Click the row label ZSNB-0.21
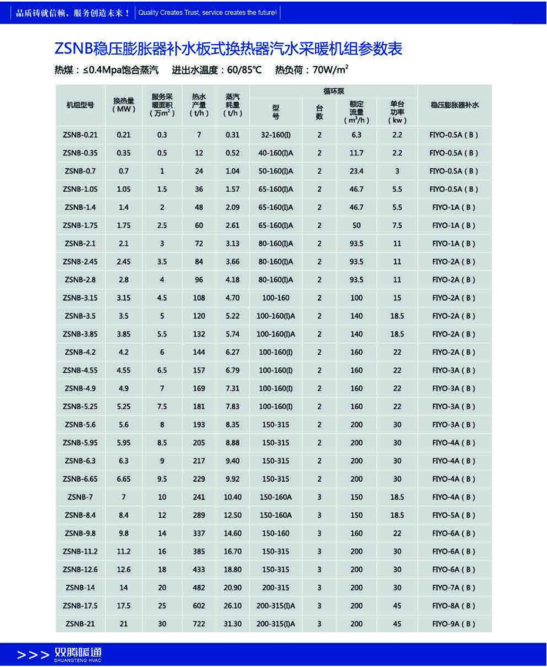[x=80, y=135]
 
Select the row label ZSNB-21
[x=80, y=623]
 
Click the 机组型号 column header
[x=80, y=105]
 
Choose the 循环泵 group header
[x=333, y=91]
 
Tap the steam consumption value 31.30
[x=233, y=623]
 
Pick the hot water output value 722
[x=199, y=623]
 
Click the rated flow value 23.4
[x=356, y=171]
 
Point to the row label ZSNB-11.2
[x=80, y=551]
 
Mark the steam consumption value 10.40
[x=233, y=497]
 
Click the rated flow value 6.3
[x=356, y=135]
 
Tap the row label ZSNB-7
[x=80, y=497]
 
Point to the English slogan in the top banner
[x=208, y=12]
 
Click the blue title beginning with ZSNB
[x=228, y=49]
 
